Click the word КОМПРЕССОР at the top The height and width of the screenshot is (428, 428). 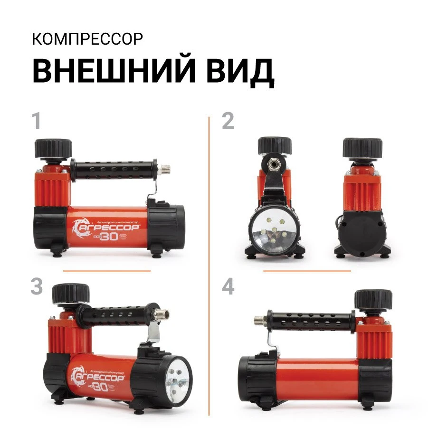(87, 39)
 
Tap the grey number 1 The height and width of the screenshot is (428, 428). (36, 122)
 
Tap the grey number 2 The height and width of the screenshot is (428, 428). (228, 122)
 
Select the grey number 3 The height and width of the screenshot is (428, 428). (37, 287)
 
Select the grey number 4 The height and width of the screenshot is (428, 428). (228, 287)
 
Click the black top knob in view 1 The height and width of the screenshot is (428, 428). (52, 149)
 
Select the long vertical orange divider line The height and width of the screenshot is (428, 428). (209, 266)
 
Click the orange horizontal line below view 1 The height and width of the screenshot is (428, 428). (106, 271)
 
